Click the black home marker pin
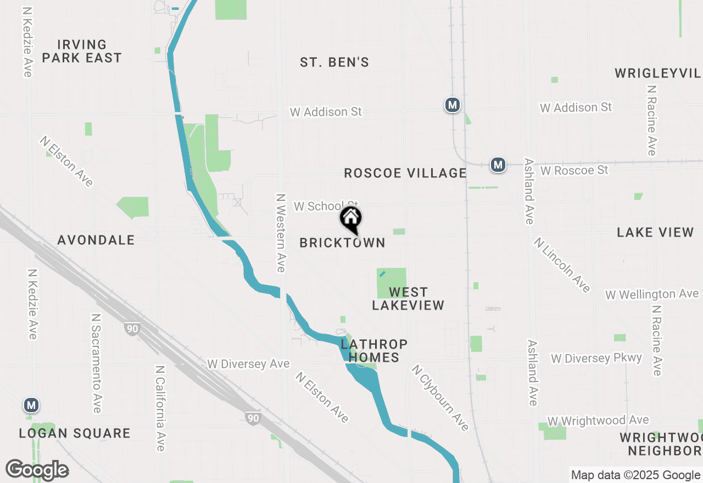tap(351, 220)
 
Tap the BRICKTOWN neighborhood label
tap(342, 243)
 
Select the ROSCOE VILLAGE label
tap(405, 173)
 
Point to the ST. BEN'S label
tap(334, 63)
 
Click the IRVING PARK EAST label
tap(82, 51)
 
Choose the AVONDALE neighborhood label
tap(96, 240)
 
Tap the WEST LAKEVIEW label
tap(408, 299)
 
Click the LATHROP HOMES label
tap(374, 351)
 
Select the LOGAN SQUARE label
tap(75, 433)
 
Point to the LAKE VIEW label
tap(655, 232)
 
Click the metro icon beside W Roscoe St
tap(498, 165)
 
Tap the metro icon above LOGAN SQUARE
tap(31, 406)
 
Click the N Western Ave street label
tap(281, 232)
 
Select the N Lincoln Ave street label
tap(562, 265)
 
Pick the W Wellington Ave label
tap(652, 295)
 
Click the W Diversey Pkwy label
tap(596, 358)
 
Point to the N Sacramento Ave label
tap(97, 363)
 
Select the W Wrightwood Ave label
tap(598, 420)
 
